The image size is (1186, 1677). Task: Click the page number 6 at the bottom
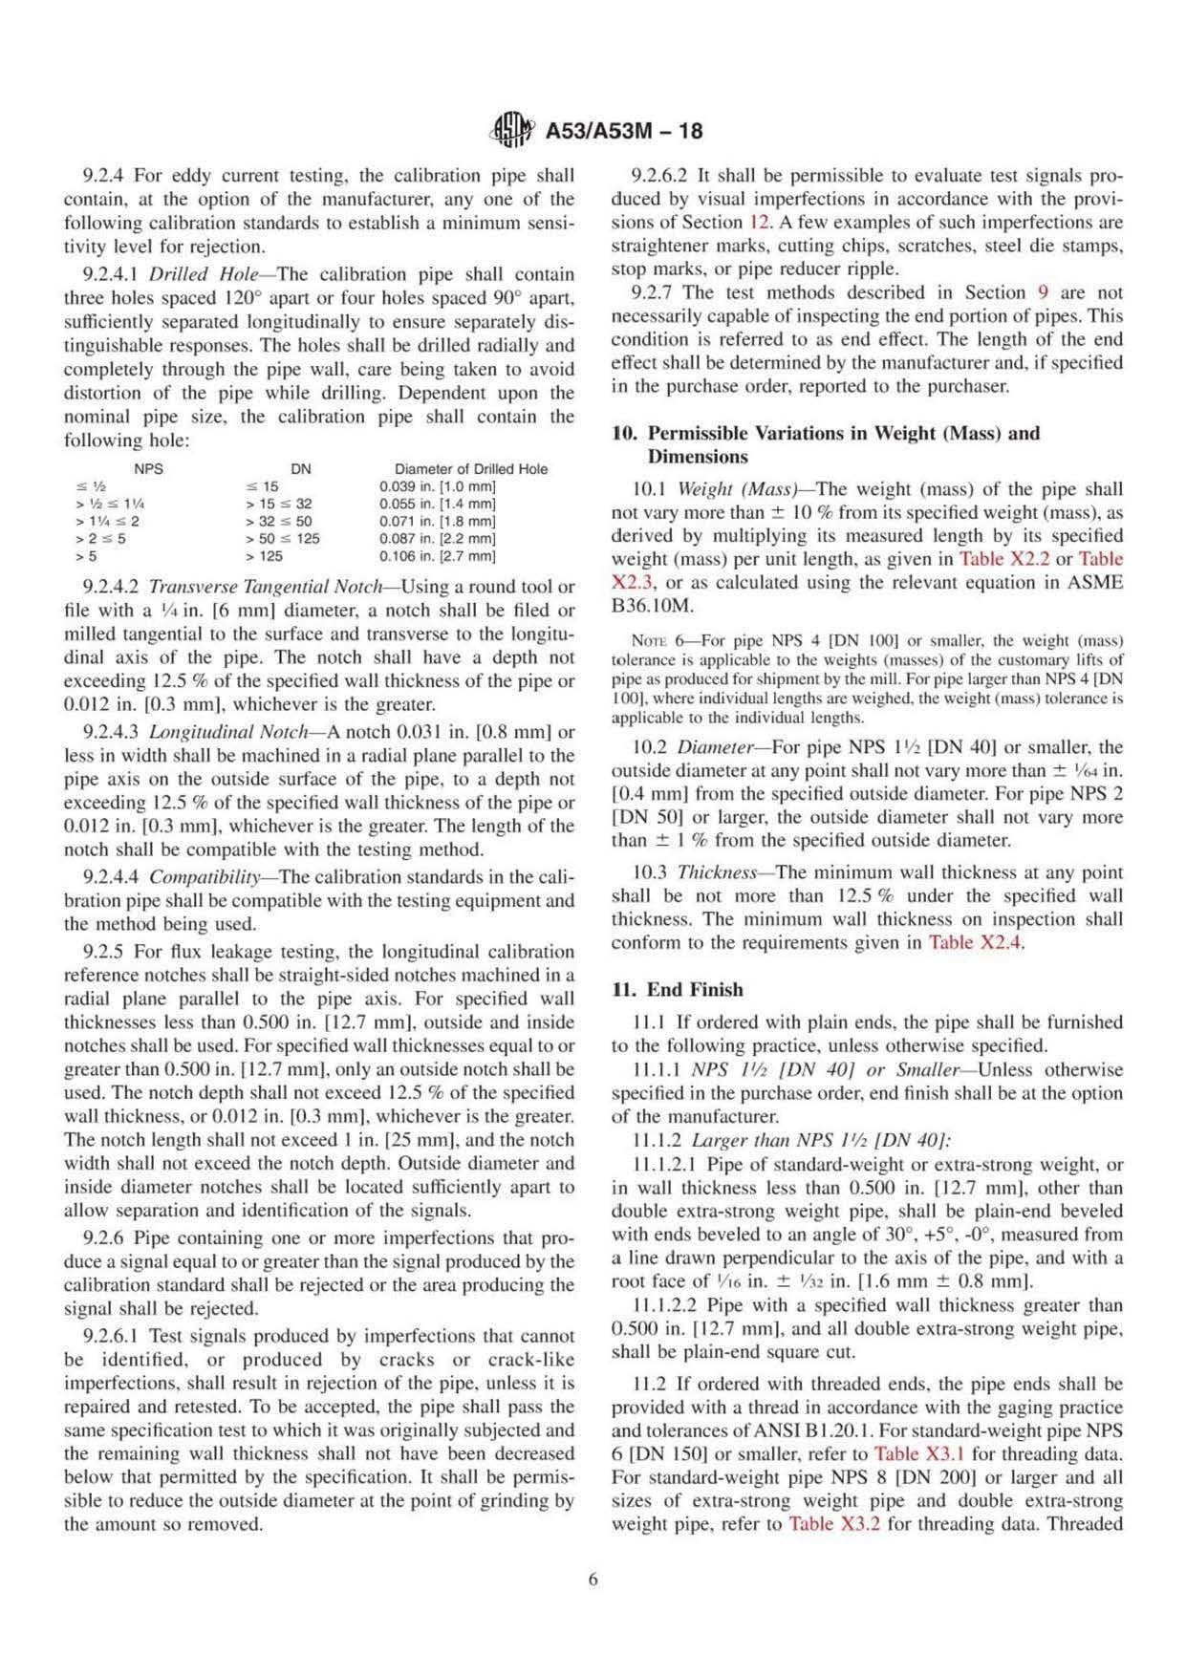593,1580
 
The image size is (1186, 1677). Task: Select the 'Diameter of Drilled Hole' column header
471,468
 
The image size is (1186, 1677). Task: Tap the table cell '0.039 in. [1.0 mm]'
438,486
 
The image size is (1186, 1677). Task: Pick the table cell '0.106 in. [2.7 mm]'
438,556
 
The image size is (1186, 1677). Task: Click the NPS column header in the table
148,468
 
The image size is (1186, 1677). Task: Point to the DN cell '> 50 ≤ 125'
283,538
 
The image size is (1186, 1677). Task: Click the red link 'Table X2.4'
976,943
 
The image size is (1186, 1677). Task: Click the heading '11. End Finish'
677,990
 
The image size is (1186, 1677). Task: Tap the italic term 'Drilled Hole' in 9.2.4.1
201,274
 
